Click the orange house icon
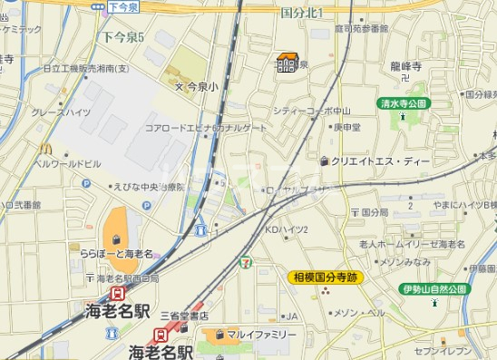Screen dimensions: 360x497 pyautogui.click(x=287, y=62)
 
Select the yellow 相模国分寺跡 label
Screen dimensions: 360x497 pyautogui.click(x=326, y=277)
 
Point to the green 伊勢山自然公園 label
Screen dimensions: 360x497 pyautogui.click(x=434, y=289)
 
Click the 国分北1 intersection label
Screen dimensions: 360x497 pyautogui.click(x=303, y=11)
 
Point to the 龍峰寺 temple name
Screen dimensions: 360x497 pyautogui.click(x=405, y=67)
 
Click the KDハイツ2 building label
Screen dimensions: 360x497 pyautogui.click(x=287, y=229)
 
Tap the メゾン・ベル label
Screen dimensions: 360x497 pyautogui.click(x=359, y=313)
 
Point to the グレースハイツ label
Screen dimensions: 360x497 pyautogui.click(x=60, y=112)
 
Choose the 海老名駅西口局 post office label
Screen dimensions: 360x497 pyautogui.click(x=126, y=277)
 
